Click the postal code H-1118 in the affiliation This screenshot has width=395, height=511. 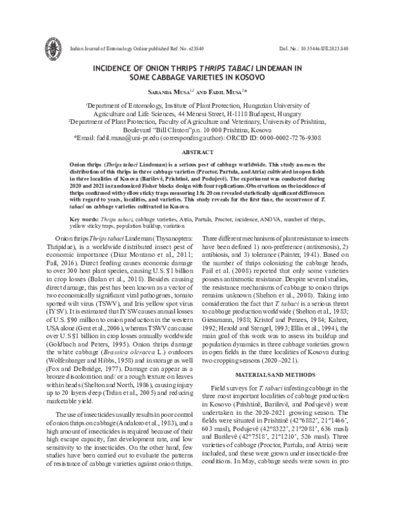coord(236,113)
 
